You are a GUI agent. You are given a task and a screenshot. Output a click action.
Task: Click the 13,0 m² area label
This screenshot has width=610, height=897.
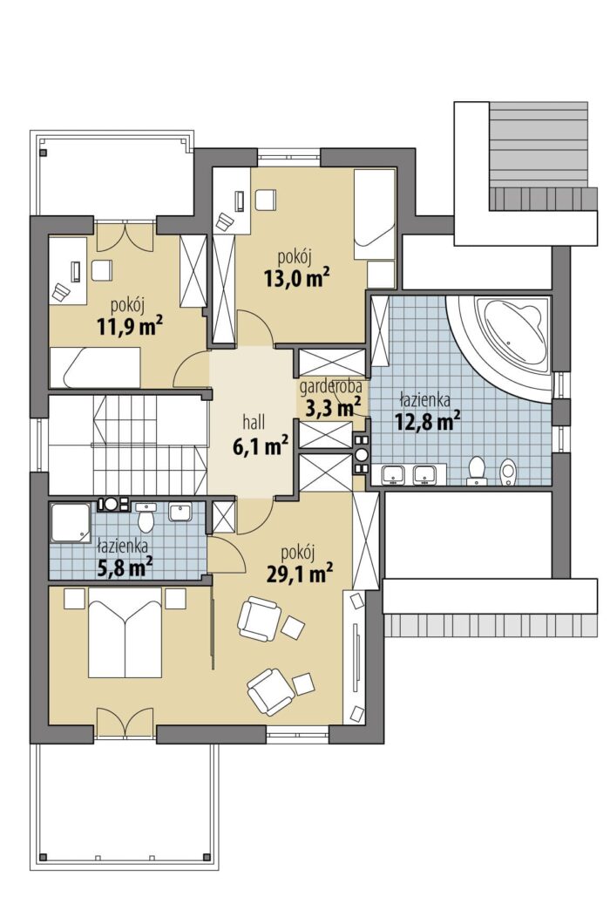point(296,279)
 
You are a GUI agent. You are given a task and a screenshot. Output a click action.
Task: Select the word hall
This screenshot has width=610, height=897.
point(254,423)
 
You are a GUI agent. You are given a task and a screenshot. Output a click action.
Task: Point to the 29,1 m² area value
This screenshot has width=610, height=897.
point(300,574)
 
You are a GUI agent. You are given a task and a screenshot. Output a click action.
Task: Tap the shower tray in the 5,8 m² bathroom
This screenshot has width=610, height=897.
point(70,523)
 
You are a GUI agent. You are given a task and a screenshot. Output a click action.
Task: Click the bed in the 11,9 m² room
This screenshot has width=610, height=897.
point(95,367)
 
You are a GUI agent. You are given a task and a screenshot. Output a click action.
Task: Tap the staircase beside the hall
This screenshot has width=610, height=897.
point(127,445)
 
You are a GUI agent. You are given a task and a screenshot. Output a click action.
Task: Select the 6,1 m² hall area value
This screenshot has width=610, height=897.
point(260,446)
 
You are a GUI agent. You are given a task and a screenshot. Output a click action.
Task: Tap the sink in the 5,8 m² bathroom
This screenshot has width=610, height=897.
point(180,512)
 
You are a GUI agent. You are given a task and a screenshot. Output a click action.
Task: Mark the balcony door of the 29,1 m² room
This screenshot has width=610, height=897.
point(125,724)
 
